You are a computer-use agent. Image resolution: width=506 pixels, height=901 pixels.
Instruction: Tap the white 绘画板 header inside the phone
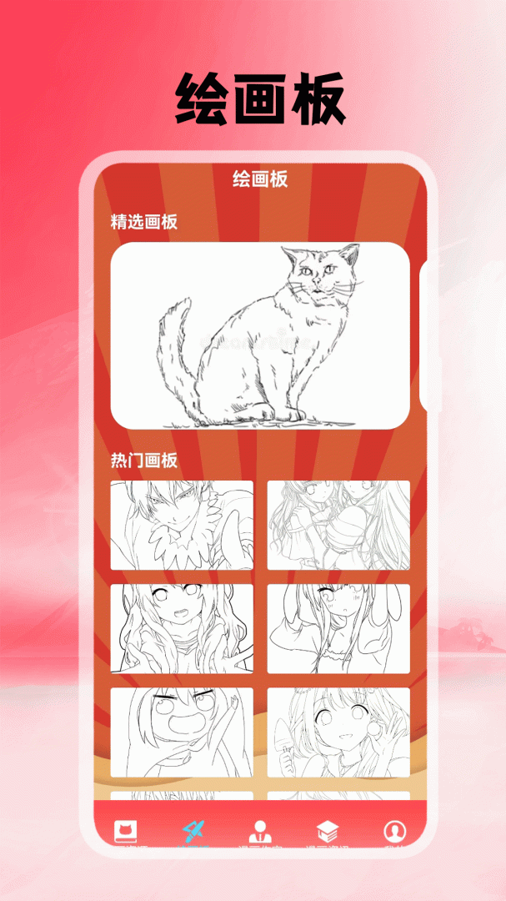[260, 179]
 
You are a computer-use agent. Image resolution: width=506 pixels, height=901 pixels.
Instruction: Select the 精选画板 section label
[144, 222]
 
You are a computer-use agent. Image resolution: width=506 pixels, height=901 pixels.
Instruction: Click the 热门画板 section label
[144, 461]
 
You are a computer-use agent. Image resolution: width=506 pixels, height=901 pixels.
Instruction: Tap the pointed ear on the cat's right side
[352, 254]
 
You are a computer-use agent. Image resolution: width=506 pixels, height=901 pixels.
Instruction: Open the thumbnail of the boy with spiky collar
[182, 526]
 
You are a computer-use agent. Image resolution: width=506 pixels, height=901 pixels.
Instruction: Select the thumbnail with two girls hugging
[338, 526]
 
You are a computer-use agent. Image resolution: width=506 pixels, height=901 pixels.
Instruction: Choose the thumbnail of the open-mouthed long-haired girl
[182, 629]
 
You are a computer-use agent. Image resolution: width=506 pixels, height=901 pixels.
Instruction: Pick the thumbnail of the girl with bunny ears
[338, 629]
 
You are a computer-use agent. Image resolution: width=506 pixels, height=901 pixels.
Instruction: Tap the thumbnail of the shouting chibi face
[182, 732]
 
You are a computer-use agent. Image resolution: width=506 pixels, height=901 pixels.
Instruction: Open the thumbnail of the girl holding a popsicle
[338, 732]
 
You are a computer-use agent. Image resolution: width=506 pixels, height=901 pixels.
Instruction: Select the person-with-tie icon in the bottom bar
[260, 831]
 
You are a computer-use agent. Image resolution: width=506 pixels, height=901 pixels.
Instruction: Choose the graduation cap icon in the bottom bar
[328, 831]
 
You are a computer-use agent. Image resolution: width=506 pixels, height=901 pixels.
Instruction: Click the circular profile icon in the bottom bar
[394, 831]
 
